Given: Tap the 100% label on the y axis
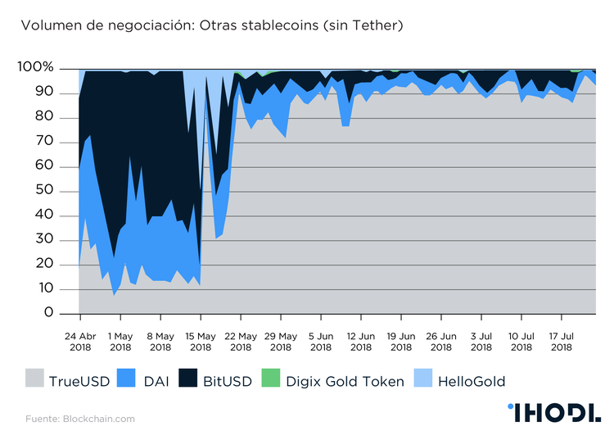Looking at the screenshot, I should coord(36,67).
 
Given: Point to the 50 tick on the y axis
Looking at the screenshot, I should coord(44,190).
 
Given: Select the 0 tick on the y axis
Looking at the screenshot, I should coord(49,313).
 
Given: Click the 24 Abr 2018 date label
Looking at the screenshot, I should coord(80,341).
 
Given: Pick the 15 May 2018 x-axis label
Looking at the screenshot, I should coord(201,341).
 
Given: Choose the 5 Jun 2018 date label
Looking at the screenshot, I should coord(321,341).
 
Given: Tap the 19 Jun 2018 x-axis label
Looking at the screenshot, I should coord(401,341).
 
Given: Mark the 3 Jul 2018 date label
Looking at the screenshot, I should coord(481,341).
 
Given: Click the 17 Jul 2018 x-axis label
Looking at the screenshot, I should coord(562,341).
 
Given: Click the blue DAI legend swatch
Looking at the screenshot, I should coord(126,380).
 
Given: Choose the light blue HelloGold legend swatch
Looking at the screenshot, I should coord(422,380).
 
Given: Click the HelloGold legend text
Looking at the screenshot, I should coord(472,381).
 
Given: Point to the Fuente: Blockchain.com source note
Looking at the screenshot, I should coord(79,419).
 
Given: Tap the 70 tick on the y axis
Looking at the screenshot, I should coord(44,142).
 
